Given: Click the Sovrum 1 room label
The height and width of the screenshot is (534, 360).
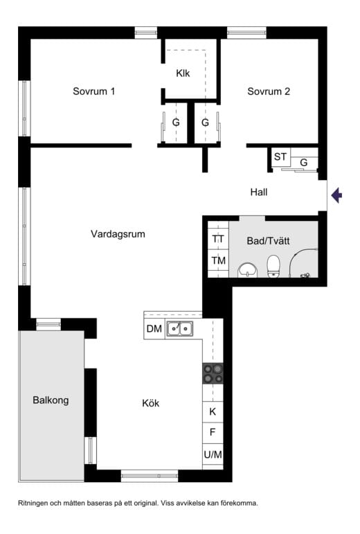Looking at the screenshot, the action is (94, 91).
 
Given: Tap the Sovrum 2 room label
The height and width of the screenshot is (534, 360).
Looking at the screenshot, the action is (269, 91).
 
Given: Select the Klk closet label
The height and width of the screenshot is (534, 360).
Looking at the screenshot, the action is (183, 73).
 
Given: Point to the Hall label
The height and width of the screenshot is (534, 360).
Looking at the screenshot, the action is (259, 192).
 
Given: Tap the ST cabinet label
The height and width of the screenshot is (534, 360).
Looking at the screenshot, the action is (280, 157).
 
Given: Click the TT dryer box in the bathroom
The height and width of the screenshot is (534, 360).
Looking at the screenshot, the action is (218, 239).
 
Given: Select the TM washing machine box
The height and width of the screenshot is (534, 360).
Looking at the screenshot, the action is (218, 260).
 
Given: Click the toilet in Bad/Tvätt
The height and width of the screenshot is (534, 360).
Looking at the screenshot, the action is (273, 267).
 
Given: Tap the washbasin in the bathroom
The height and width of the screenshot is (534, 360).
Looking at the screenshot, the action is (248, 270).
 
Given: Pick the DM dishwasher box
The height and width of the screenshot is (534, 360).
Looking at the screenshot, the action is (154, 328).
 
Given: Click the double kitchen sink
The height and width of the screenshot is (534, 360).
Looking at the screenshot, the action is (180, 328).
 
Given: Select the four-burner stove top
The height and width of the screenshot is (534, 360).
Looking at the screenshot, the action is (213, 373).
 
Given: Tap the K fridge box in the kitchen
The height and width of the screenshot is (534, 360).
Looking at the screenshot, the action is (213, 412).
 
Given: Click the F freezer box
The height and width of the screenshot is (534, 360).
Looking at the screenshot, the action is (213, 433).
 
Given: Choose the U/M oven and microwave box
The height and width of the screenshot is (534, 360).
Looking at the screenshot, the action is (213, 454).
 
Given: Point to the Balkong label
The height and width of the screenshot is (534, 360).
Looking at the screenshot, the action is (51, 400).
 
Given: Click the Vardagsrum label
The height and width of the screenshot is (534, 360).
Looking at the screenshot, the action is (118, 234).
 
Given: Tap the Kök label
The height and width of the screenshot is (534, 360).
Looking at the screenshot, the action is (151, 403).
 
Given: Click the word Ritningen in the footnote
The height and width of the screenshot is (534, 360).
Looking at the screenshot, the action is (33, 504).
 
